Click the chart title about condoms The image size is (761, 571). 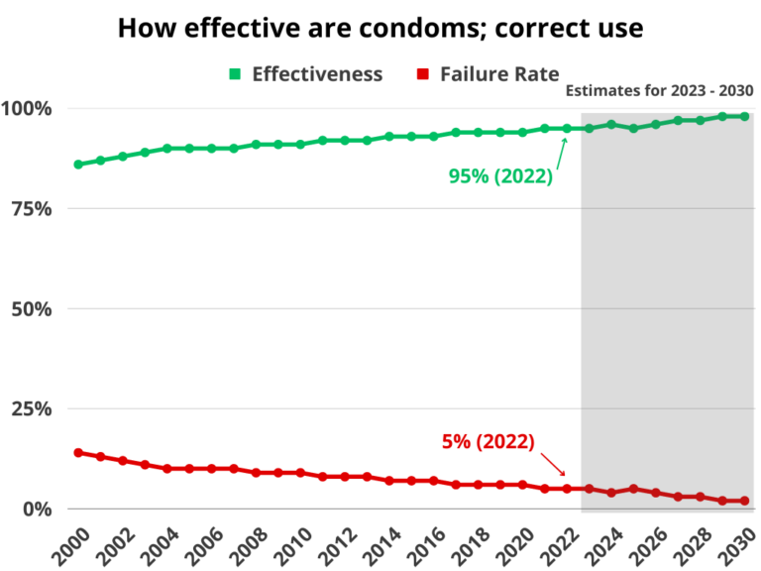tap(380, 28)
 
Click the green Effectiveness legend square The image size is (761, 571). tap(235, 74)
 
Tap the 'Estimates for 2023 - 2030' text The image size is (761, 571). tap(659, 91)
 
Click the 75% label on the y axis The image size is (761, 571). tap(34, 208)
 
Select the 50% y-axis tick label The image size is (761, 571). tap(34, 308)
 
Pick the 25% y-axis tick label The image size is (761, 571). tap(34, 408)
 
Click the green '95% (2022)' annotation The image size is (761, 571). tap(500, 177)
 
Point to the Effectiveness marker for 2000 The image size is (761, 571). tap(78, 164)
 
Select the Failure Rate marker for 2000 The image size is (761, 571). tap(78, 452)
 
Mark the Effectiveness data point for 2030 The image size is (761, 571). tap(744, 116)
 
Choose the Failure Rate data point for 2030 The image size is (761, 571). tap(744, 501)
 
